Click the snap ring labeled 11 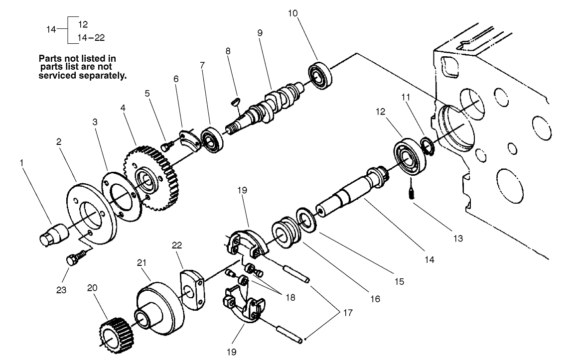427,145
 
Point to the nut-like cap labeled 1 52,233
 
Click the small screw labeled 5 167,145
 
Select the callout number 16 375,299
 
